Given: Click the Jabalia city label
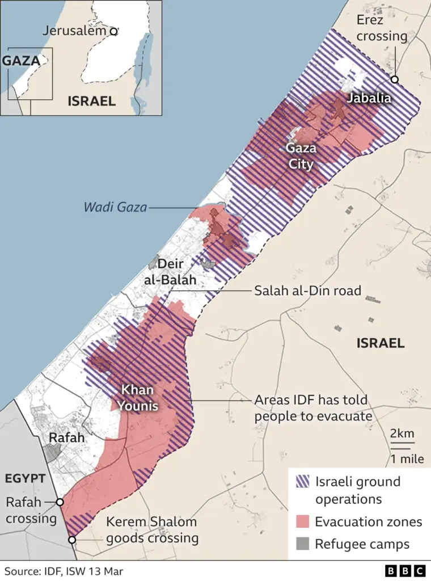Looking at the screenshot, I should (x=369, y=98).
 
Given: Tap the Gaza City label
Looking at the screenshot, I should (x=300, y=157).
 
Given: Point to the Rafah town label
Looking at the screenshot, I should (x=66, y=437).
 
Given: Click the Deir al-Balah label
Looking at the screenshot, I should (x=176, y=272).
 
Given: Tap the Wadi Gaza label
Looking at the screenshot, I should (x=115, y=208).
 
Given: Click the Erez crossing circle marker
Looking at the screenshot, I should (x=394, y=79).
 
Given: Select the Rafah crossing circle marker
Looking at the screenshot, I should (x=60, y=502).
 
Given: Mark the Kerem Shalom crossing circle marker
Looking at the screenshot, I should (x=72, y=540).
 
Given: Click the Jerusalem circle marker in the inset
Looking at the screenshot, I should (x=113, y=32).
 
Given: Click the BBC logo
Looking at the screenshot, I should (x=405, y=571).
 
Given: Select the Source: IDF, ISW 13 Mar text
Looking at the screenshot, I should (x=64, y=571).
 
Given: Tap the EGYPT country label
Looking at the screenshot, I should (x=25, y=478).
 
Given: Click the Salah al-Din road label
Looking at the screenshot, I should (x=307, y=290).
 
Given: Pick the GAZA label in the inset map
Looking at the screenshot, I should (x=22, y=61).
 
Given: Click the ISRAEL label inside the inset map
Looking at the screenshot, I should (x=91, y=101).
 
